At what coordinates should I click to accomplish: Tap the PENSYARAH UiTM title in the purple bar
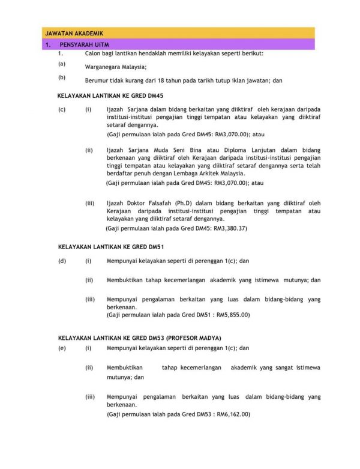click(84, 45)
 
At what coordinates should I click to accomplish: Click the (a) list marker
click(61, 64)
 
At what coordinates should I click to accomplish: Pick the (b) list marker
click(61, 77)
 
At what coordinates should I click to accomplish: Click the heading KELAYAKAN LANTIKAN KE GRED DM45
click(110, 95)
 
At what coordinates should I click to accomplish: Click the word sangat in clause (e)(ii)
click(278, 367)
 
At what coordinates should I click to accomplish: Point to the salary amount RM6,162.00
click(233, 414)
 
